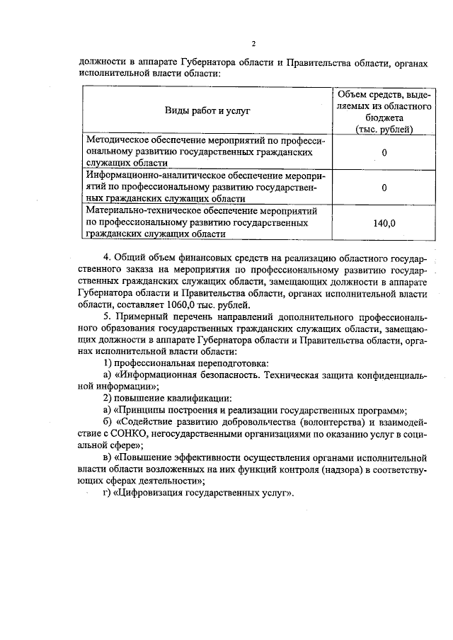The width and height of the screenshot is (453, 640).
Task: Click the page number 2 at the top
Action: [x=252, y=42]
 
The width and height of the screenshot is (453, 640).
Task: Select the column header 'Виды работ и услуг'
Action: [x=207, y=110]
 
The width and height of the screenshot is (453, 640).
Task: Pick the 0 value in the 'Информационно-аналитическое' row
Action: [x=384, y=188]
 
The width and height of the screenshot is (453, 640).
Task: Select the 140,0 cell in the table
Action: [x=384, y=223]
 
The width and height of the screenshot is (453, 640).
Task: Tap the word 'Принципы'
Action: [x=144, y=410]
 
